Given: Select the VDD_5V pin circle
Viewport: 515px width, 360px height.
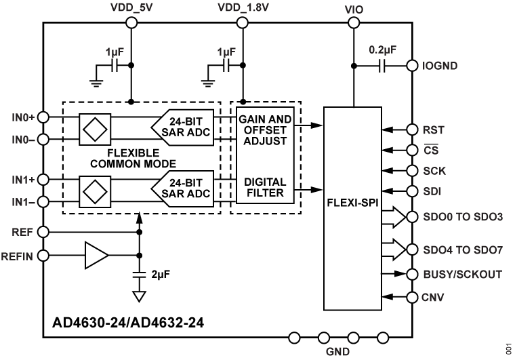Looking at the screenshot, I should [x=131, y=22].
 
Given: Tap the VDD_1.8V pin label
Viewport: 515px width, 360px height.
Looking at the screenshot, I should [x=243, y=7].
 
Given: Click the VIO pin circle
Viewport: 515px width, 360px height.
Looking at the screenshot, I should [x=352, y=22].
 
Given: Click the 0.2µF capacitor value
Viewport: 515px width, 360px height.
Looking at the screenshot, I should [x=382, y=49].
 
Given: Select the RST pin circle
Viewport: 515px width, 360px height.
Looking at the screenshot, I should [x=411, y=129].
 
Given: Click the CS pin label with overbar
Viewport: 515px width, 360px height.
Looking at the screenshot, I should [x=430, y=150].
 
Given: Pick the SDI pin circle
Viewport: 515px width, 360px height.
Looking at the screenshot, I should [x=411, y=192].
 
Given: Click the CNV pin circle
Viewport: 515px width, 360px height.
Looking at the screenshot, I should [x=411, y=296].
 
